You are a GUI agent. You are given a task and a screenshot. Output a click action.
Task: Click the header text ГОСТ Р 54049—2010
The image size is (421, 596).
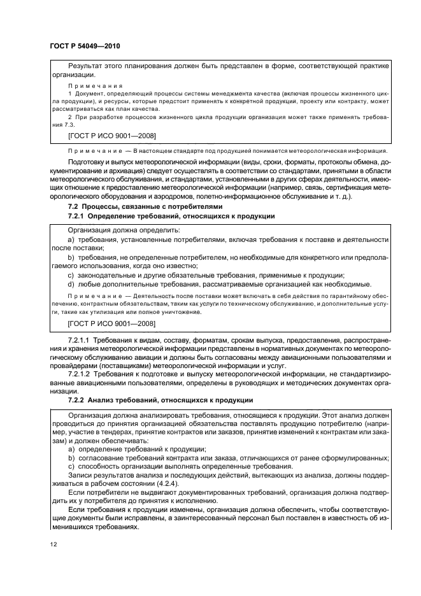(84, 46)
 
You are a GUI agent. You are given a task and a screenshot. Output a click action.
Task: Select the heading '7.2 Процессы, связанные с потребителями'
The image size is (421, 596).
(145, 207)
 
